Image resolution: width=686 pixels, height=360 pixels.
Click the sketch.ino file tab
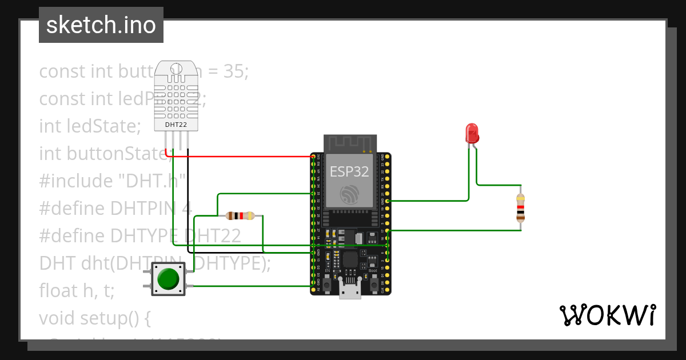[101, 25]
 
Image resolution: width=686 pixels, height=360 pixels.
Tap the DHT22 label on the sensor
[177, 124]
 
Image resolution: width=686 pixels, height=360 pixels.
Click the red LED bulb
[472, 133]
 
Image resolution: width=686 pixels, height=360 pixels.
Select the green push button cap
[168, 279]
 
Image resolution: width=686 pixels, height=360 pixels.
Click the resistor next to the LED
[520, 207]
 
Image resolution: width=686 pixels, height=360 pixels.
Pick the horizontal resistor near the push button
[240, 215]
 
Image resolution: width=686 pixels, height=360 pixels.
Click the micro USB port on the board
[350, 291]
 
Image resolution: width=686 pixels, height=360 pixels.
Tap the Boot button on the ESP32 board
[374, 283]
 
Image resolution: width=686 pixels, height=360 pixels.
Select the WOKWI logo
[607, 315]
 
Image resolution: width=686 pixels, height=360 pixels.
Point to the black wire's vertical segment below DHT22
[188, 200]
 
